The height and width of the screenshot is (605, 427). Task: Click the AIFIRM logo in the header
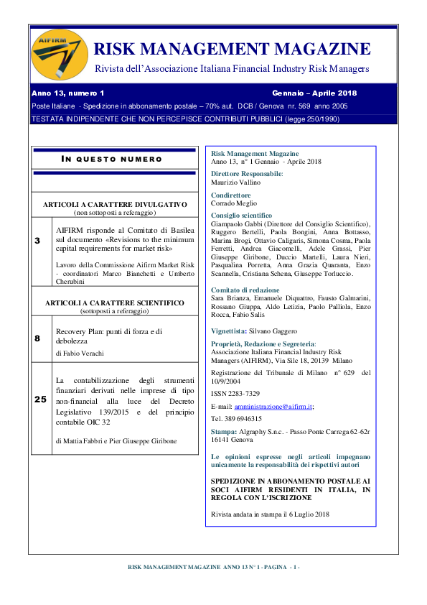pyautogui.click(x=59, y=56)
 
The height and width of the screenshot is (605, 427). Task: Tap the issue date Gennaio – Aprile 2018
pyautogui.click(x=314, y=93)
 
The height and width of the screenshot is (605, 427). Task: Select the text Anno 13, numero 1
pyautogui.click(x=67, y=93)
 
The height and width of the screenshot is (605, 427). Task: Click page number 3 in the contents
pyautogui.click(x=37, y=240)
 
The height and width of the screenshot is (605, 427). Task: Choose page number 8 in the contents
pyautogui.click(x=37, y=338)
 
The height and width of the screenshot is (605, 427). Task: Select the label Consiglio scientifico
pyautogui.click(x=242, y=215)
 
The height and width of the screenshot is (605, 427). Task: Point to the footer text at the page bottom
pyautogui.click(x=213, y=567)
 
